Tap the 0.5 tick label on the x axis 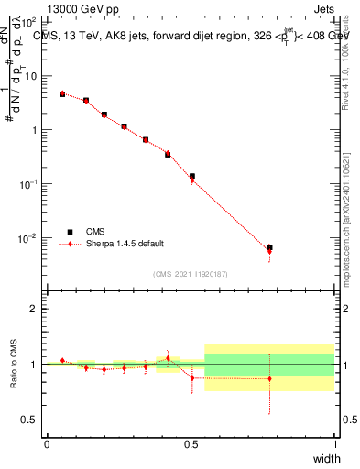click(x=191, y=444)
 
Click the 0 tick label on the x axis click(x=47, y=444)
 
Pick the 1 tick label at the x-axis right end click(x=334, y=444)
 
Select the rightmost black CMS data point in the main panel click(x=269, y=247)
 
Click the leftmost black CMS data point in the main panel click(x=62, y=93)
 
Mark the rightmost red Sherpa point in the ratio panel click(x=269, y=378)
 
